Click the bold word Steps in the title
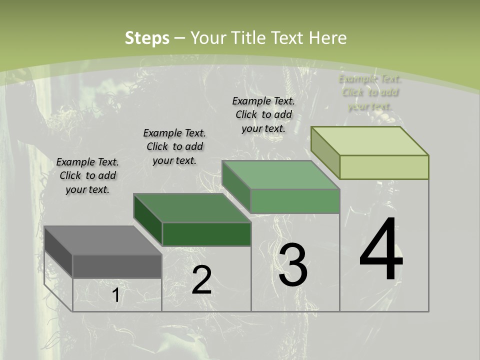click(147, 38)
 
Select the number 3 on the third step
click(293, 265)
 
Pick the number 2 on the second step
click(201, 280)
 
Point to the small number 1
click(115, 295)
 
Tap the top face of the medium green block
click(280, 175)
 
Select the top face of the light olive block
click(369, 141)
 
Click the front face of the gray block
click(117, 266)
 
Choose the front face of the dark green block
click(206, 234)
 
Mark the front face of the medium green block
click(295, 201)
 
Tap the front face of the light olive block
click(384, 167)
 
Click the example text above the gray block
click(87, 175)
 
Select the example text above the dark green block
click(174, 146)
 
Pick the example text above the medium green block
click(263, 114)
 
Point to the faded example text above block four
click(370, 92)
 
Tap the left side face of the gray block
click(58, 251)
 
